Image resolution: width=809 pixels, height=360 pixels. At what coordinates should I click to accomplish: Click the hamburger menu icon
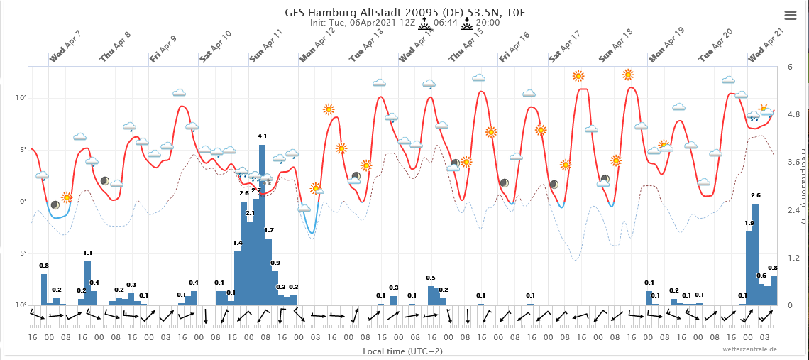(791, 15)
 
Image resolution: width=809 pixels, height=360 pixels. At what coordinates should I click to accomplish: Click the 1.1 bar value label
(88, 253)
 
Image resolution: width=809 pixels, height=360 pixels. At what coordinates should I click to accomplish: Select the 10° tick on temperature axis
(21, 98)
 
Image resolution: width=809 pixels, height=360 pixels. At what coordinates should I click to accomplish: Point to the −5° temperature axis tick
(21, 253)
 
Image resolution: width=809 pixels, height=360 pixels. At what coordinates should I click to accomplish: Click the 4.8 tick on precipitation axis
(793, 114)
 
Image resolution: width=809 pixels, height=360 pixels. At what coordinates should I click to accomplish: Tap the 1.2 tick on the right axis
(793, 257)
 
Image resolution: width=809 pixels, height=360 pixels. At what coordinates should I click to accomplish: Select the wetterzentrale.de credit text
(750, 349)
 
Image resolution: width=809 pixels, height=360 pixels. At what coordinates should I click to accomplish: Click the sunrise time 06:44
(445, 23)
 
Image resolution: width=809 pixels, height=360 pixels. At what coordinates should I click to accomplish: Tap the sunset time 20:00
(488, 23)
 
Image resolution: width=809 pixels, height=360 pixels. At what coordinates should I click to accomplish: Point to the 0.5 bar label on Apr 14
(431, 278)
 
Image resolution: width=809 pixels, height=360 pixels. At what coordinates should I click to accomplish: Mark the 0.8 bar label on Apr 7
(44, 266)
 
